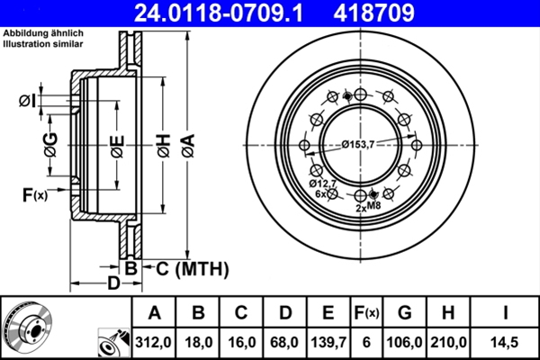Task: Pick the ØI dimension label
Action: coord(27,101)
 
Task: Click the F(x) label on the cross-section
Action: coord(34,193)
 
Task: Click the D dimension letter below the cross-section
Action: coord(113,284)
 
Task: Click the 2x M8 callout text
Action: coord(368,207)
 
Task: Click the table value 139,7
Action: coord(328,341)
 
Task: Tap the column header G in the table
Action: coord(405,313)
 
